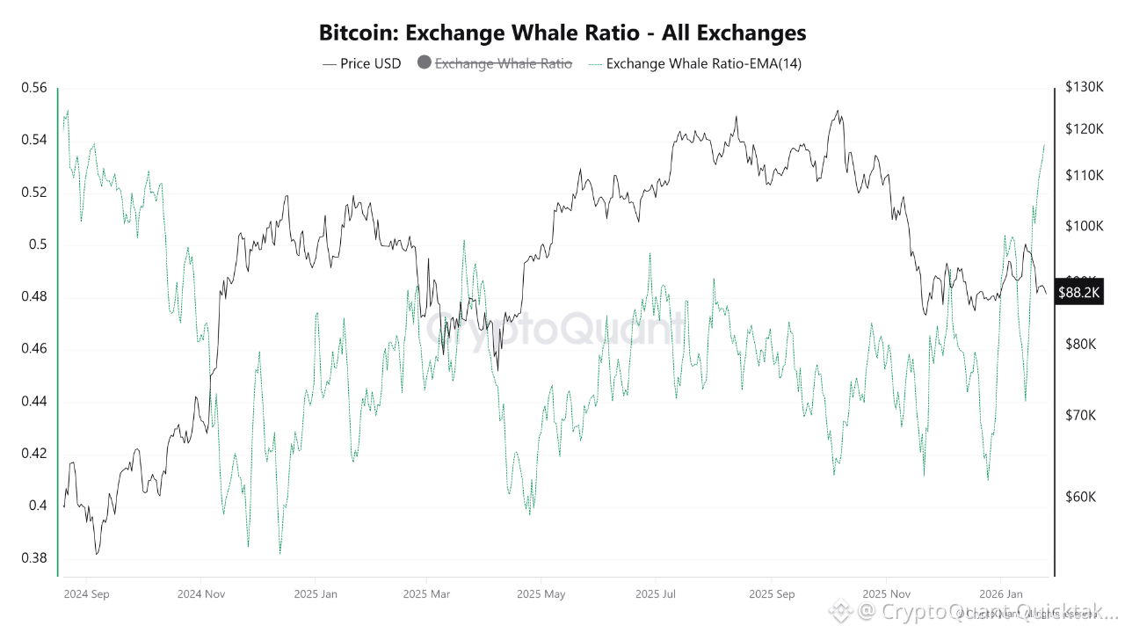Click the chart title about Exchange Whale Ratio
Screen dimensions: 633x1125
tap(562, 33)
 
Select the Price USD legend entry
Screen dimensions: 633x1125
tap(362, 63)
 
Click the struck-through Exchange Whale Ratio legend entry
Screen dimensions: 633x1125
tap(504, 63)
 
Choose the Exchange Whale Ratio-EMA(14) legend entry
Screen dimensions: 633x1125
tap(694, 63)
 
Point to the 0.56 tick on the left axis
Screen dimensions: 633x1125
tap(34, 88)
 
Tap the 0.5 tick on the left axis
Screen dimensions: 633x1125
tap(39, 244)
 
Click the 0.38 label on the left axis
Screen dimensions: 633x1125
tap(34, 558)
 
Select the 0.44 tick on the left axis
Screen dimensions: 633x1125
tap(34, 402)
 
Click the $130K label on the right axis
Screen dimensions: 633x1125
tap(1084, 88)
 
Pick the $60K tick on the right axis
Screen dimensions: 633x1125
tap(1081, 497)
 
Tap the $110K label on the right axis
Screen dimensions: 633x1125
tap(1084, 176)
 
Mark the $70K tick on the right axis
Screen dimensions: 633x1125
tap(1081, 414)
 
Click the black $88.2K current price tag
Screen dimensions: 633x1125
tap(1079, 293)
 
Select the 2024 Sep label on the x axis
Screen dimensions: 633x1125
tap(86, 594)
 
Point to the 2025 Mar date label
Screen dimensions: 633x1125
tap(426, 594)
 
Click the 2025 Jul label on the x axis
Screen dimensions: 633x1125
tap(655, 594)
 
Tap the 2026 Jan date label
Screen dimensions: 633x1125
tap(1002, 594)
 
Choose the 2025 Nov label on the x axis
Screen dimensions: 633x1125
tap(887, 594)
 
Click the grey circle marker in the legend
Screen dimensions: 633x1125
tap(424, 63)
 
